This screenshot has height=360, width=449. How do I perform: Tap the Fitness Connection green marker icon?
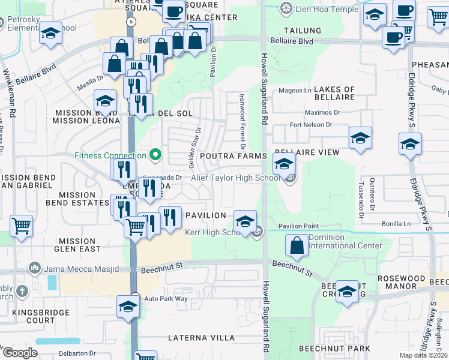(x=156, y=155)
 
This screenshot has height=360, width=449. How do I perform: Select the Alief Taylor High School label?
(x=235, y=178)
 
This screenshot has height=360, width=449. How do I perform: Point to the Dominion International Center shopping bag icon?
(x=297, y=245)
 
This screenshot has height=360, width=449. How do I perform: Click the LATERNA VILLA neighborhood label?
(x=201, y=338)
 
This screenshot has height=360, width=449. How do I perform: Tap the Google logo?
(x=20, y=353)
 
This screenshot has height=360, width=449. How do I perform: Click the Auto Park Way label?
(x=166, y=299)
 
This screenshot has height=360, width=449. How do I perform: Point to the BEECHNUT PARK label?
(x=335, y=349)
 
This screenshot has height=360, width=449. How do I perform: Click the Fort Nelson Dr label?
(x=310, y=125)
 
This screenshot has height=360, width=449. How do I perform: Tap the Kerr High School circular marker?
(x=258, y=232)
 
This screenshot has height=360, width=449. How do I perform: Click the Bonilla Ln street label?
(x=396, y=223)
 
